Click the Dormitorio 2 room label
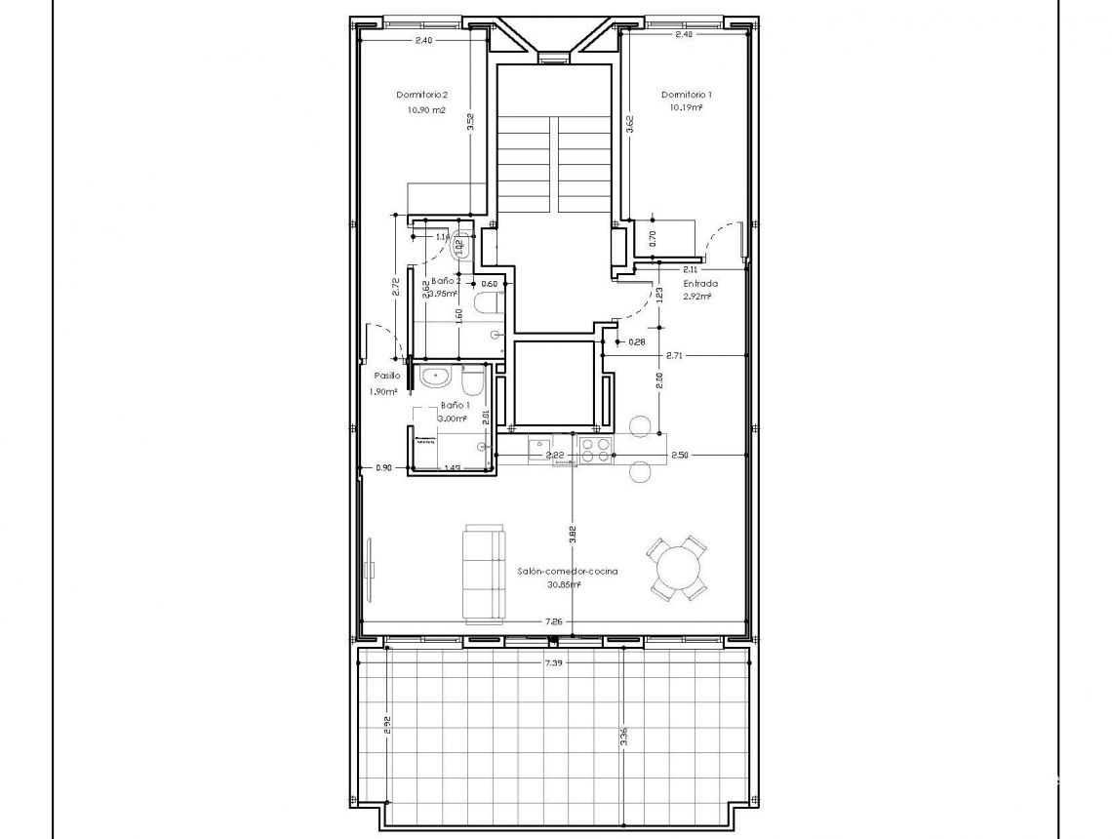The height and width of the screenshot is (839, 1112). (421, 95)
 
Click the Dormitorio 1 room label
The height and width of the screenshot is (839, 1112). (687, 95)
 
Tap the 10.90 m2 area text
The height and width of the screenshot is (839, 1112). (426, 110)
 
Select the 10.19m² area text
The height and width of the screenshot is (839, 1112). (687, 108)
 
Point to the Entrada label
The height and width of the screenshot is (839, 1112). (700, 284)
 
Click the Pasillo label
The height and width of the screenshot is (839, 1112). (386, 376)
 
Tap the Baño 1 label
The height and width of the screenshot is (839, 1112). (456, 404)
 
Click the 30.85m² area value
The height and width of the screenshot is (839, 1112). (564, 585)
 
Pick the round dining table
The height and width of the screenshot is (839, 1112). (679, 566)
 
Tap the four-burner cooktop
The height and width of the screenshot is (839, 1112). (596, 448)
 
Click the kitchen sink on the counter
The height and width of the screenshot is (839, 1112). (539, 448)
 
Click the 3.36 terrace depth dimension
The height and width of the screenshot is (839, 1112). (623, 739)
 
